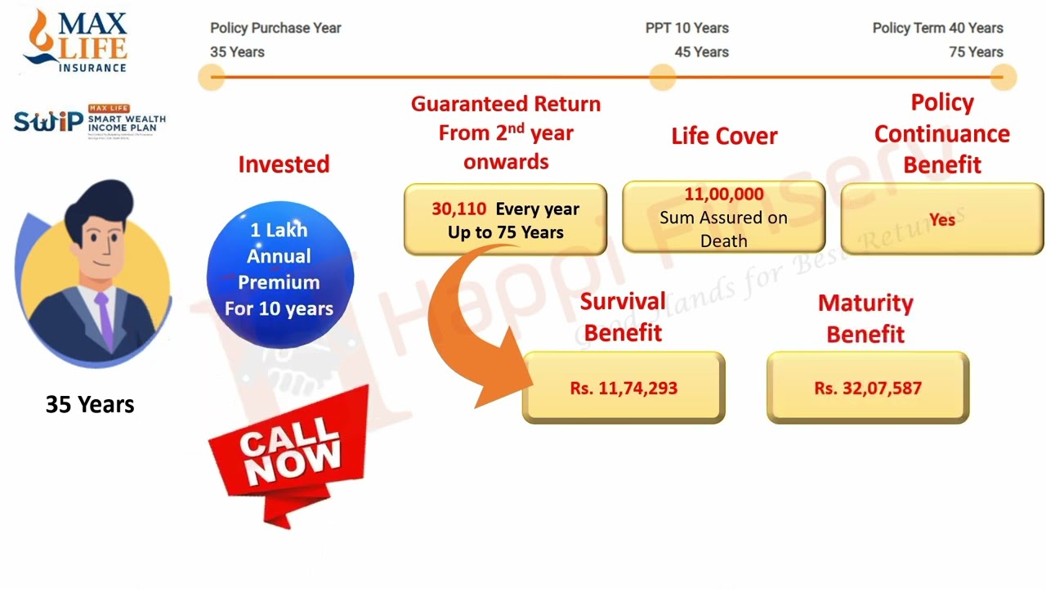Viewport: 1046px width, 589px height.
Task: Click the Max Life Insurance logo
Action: pos(76,41)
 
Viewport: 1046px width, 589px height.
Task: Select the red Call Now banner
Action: pos(290,454)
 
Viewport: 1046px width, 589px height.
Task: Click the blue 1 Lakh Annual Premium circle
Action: pos(279,270)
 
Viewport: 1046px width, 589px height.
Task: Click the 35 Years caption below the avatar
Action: pos(90,404)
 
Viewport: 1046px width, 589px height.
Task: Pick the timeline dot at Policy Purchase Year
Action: pos(212,79)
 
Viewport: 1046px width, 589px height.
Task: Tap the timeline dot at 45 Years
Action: pos(662,79)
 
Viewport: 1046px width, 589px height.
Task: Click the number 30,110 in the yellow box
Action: pos(459,209)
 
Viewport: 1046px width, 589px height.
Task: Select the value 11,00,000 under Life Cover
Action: pos(724,195)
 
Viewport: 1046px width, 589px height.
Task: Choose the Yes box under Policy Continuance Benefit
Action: pos(941,219)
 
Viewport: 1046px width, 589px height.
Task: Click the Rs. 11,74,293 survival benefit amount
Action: pos(624,388)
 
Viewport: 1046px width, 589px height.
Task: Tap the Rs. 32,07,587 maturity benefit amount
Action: pos(868,388)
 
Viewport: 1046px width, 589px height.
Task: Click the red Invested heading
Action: pos(284,164)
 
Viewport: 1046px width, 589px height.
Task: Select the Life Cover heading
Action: pos(724,136)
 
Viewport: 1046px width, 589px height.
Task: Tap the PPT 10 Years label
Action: pos(686,28)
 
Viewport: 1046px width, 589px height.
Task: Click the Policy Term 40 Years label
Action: pos(937,28)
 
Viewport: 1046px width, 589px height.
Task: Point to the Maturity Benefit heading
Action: pos(865,318)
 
